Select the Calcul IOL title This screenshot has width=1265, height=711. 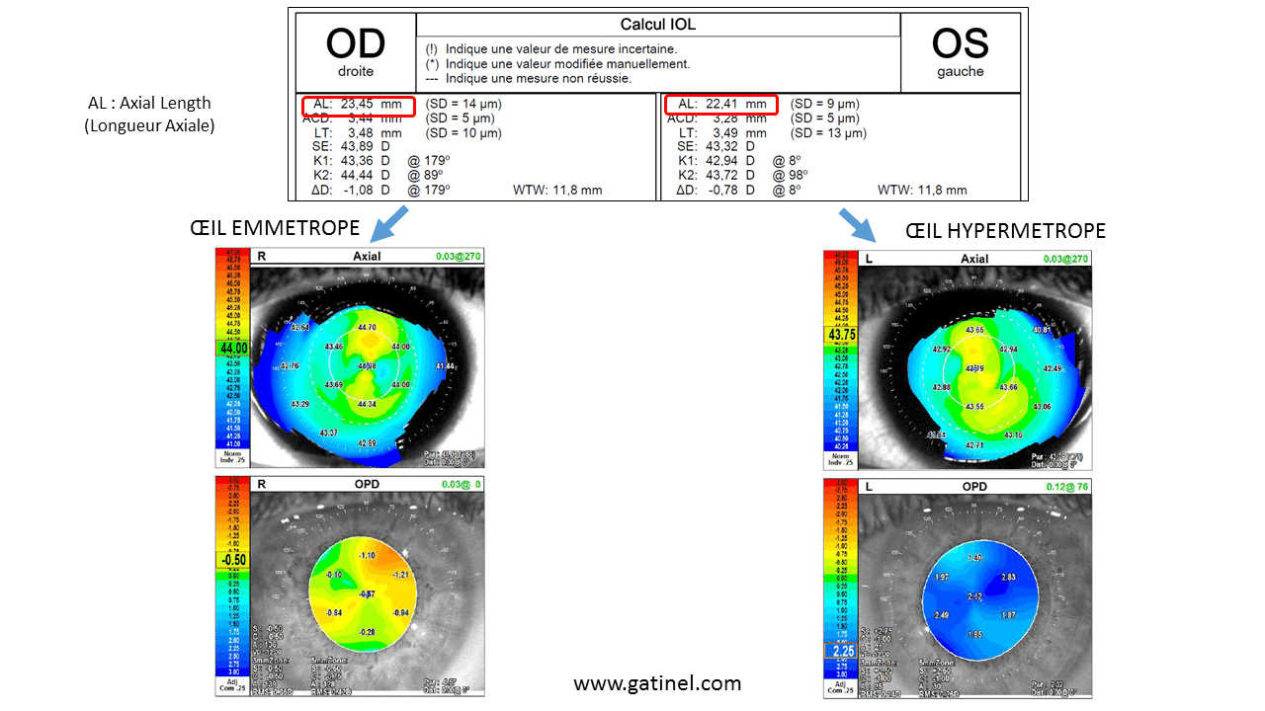coord(657,25)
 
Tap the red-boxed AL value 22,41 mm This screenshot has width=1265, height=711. coord(721,104)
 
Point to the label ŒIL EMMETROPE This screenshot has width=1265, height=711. coord(275,228)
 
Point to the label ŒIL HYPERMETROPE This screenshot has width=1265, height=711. coord(1005,230)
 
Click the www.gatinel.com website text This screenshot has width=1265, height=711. coord(657,682)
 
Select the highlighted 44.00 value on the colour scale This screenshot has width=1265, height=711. coord(233,349)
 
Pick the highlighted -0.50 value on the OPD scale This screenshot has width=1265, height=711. coord(233,559)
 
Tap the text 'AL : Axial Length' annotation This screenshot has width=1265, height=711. coord(149,103)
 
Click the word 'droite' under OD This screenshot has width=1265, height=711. coord(355,72)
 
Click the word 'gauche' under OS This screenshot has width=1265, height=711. coord(960,72)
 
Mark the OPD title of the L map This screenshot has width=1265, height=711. coord(974,487)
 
